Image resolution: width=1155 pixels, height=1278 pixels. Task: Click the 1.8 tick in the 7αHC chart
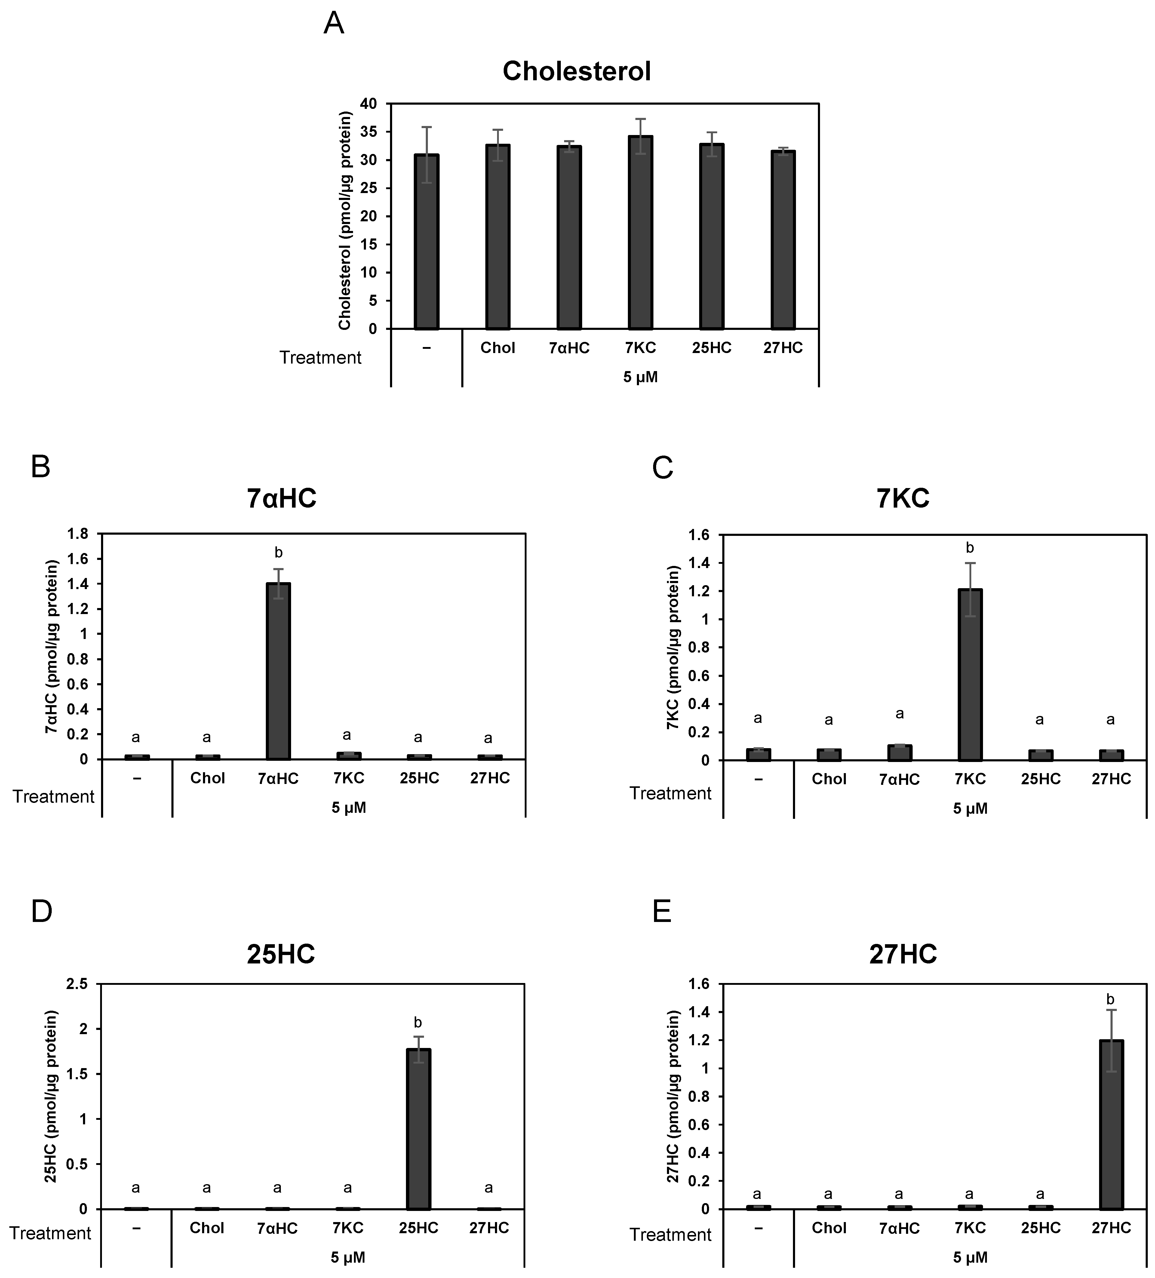click(x=79, y=534)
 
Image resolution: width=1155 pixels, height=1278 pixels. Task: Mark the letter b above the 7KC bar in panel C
click(x=969, y=548)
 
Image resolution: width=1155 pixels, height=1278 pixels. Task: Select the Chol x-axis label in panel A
click(x=498, y=348)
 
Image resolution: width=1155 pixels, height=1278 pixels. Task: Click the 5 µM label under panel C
click(x=970, y=809)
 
